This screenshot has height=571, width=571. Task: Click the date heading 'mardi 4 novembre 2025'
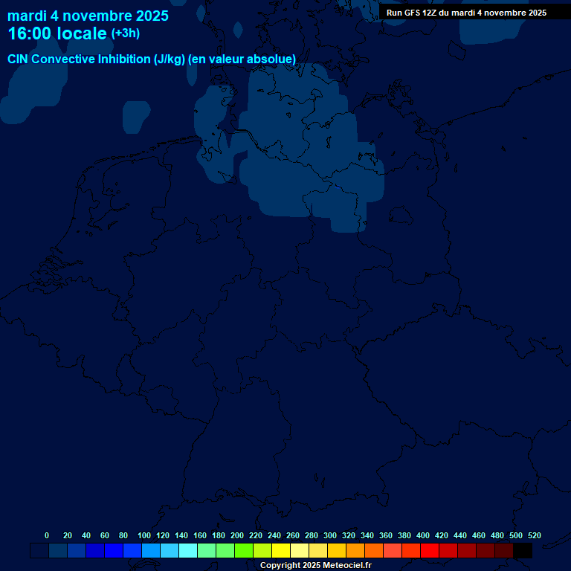coord(88,16)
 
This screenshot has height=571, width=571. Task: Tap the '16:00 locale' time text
coord(57,33)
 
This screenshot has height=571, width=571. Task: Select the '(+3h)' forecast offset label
coord(125,33)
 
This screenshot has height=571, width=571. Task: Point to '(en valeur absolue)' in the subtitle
coord(242,59)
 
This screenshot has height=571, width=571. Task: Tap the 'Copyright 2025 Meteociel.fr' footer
coord(315,566)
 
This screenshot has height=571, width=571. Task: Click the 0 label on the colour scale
coord(47,535)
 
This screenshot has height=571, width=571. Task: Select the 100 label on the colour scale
coord(144,535)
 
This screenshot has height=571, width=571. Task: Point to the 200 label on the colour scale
coord(237,535)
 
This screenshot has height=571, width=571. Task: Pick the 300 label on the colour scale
coord(330,535)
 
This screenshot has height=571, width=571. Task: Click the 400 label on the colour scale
coord(423,535)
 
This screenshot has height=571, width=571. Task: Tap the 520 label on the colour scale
coord(534,535)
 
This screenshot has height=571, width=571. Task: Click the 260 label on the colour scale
coord(293,535)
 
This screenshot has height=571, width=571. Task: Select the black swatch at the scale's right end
coord(523,551)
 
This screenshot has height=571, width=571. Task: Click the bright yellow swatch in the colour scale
coord(281,551)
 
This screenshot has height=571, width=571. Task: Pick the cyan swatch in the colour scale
coord(188,551)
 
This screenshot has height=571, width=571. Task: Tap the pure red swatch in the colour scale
coord(430,551)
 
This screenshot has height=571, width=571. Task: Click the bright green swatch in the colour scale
coord(244,551)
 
